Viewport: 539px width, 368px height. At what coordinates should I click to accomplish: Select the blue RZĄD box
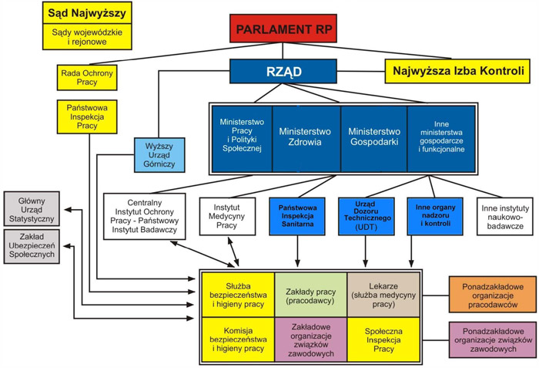(283, 72)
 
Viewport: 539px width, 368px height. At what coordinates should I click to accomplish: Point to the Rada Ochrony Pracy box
(87, 77)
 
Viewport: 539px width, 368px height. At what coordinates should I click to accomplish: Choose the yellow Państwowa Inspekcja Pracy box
(87, 116)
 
